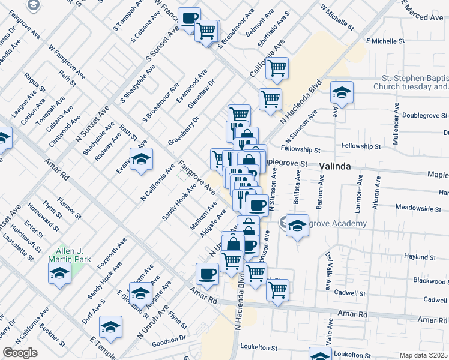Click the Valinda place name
click(x=338, y=166)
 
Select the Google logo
click(x=20, y=353)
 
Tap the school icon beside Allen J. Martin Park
click(x=60, y=273)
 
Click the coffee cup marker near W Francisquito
click(x=189, y=18)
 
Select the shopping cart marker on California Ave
click(x=277, y=68)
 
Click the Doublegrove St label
click(x=424, y=115)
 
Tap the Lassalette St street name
click(x=17, y=246)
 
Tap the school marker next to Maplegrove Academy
click(x=297, y=226)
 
